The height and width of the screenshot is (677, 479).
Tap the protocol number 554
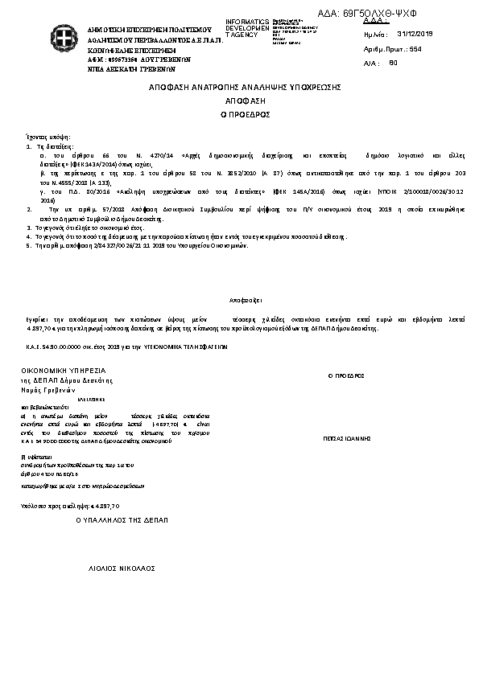point(416,49)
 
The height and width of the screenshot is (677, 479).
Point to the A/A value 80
point(393,62)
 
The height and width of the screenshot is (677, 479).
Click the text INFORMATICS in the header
point(247,22)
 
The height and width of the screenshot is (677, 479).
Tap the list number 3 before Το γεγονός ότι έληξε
point(28,228)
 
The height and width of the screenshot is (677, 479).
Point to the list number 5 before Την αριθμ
point(28,245)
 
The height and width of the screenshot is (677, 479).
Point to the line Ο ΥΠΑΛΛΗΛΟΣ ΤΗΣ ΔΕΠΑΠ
point(122,521)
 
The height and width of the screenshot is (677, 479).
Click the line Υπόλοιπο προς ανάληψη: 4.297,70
point(70,506)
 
